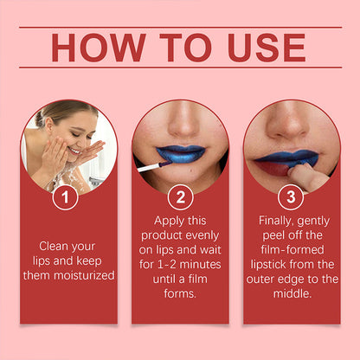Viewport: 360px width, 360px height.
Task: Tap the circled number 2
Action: [180, 197]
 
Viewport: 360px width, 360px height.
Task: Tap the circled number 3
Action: [292, 197]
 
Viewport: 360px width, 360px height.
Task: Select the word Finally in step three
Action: [279, 221]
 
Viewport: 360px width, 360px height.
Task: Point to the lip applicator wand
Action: [148, 162]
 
